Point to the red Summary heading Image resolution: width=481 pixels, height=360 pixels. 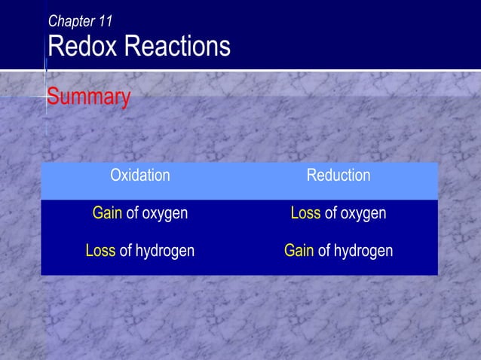pyautogui.click(x=88, y=97)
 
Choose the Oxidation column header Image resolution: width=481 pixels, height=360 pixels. pyautogui.click(x=140, y=176)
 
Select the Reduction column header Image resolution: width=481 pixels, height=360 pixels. pyautogui.click(x=338, y=176)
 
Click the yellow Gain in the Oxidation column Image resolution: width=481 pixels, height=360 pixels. pyautogui.click(x=107, y=214)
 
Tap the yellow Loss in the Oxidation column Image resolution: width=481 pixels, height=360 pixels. pyautogui.click(x=100, y=251)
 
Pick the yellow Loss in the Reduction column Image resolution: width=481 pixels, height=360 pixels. pyautogui.click(x=305, y=214)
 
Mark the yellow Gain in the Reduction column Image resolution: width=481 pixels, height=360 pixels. pyautogui.click(x=299, y=251)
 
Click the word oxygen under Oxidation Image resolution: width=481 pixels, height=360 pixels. pyautogui.click(x=164, y=215)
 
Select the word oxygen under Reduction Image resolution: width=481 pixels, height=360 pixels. pyautogui.click(x=363, y=215)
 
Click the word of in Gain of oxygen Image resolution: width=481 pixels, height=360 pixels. pyautogui.click(x=132, y=214)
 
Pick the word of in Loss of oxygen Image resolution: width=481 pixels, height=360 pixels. pyautogui.click(x=330, y=214)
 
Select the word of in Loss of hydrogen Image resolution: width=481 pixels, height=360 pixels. pyautogui.click(x=124, y=251)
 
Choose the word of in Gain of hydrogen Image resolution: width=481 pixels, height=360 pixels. pyautogui.click(x=324, y=251)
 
